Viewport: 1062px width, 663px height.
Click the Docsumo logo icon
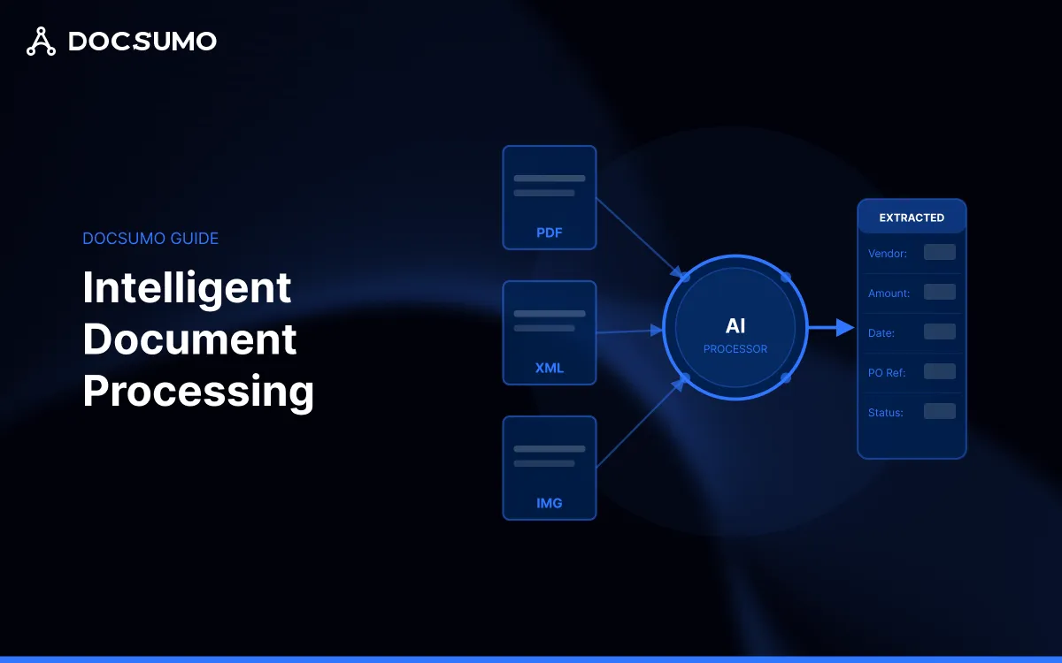(41, 42)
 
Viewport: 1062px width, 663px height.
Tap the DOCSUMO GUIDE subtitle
(150, 239)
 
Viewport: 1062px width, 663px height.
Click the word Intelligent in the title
(187, 288)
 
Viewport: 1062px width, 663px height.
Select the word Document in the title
(189, 339)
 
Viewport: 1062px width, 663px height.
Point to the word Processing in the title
(198, 391)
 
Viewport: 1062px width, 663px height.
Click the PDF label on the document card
(550, 233)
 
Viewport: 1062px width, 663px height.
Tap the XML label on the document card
(550, 368)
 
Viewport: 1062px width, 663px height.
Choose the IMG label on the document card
(550, 503)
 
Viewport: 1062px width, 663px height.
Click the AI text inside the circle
(735, 327)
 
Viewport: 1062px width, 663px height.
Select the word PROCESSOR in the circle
(735, 349)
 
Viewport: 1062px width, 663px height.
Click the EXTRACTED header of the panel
(912, 217)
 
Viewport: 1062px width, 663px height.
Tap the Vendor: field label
(888, 254)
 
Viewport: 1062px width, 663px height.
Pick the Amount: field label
(889, 293)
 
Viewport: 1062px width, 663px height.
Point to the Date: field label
(881, 333)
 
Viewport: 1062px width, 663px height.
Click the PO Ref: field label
(887, 373)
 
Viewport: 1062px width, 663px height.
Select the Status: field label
(886, 413)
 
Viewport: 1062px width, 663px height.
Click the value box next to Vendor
(939, 253)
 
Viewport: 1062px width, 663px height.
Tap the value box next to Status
(939, 411)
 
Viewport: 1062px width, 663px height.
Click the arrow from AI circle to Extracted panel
(831, 328)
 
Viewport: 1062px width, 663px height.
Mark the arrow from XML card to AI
(630, 331)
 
